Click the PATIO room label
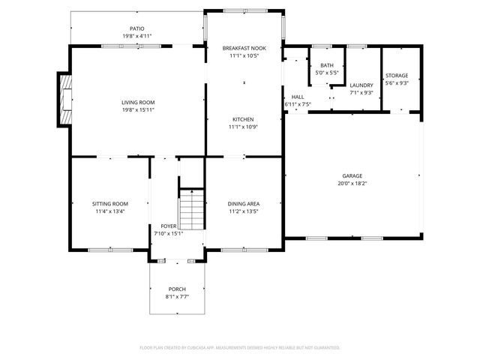point(137,28)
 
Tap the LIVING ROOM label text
point(138,102)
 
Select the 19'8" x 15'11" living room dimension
point(138,110)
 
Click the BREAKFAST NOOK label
point(244,48)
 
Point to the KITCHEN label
point(243,119)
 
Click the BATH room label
point(326,66)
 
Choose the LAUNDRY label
point(361,85)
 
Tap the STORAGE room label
point(397,76)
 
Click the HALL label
point(298,97)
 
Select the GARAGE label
point(352,175)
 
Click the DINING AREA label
point(243,203)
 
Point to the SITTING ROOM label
point(110,203)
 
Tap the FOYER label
point(169,226)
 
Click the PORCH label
point(177,289)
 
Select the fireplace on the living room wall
point(64,99)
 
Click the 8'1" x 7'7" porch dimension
point(177,297)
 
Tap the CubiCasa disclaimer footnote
point(240,347)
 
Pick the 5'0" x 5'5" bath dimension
point(326,73)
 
